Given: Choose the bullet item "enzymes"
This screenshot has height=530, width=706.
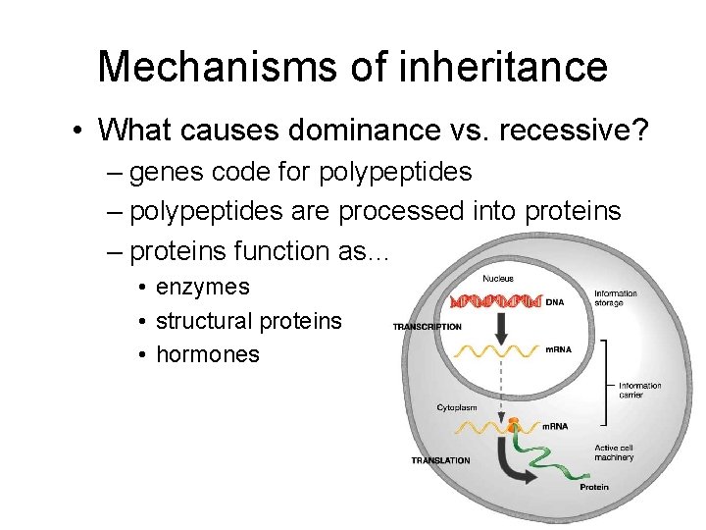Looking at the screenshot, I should tap(202, 288).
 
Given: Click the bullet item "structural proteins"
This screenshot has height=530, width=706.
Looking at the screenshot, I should tap(249, 321).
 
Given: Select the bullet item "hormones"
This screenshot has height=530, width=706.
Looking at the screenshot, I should tap(207, 354).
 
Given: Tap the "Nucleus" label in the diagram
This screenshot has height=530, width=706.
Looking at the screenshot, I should tap(497, 279).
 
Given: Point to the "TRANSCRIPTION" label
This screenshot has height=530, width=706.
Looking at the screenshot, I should tap(427, 326).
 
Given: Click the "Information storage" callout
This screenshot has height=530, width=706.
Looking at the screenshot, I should tap(615, 298).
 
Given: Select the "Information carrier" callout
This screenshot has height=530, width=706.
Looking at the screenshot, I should tap(639, 391).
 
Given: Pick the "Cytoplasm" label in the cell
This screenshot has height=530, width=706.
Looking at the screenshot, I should tap(457, 407).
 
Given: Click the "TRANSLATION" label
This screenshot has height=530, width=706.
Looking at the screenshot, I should tap(440, 460).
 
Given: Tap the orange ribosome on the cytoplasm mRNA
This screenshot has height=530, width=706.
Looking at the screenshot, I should tap(512, 423).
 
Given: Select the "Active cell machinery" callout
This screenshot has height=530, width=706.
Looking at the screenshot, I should tap(614, 452).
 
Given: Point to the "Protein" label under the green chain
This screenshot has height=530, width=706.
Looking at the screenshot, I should tap(593, 487).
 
